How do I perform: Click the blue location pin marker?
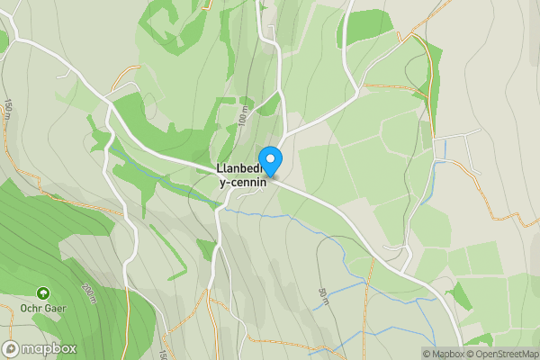point(270,160)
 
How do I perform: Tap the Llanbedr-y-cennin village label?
point(242,175)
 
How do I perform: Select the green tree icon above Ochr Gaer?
point(42,292)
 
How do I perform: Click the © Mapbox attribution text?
point(445,354)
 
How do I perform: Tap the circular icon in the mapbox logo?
point(12,349)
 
